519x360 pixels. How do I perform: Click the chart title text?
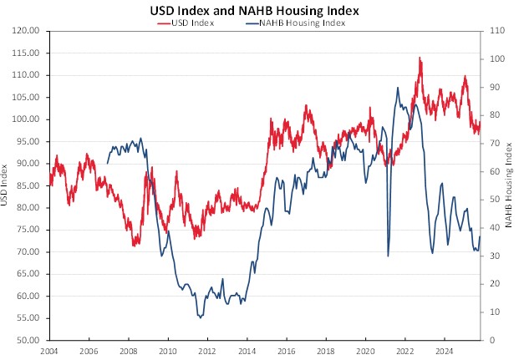pos(258,10)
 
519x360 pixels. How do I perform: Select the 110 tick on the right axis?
pos(496,30)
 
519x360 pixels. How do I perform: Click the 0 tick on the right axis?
pos(491,340)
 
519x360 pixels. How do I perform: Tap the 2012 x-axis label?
pos(206,350)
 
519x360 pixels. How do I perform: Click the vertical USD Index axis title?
pos(7,185)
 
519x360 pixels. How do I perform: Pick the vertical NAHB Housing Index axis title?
pos(509,185)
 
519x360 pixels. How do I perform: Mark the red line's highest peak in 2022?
pos(419,58)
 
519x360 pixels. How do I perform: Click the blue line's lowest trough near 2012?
pos(200,317)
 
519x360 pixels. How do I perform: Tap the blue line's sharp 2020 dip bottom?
pos(388,256)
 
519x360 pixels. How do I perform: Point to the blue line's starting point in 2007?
pos(107,163)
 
